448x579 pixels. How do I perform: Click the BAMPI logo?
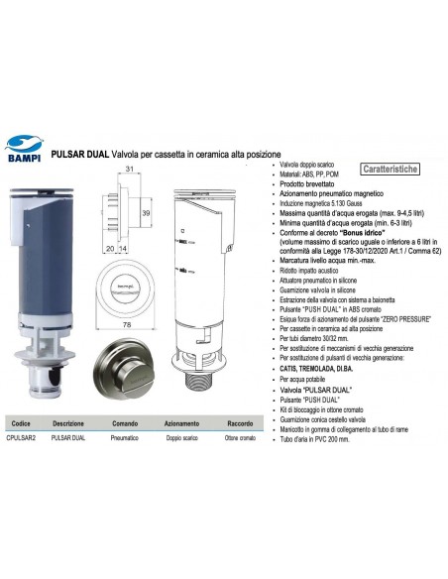click(x=29, y=146)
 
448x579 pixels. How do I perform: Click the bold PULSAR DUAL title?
click(x=86, y=151)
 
